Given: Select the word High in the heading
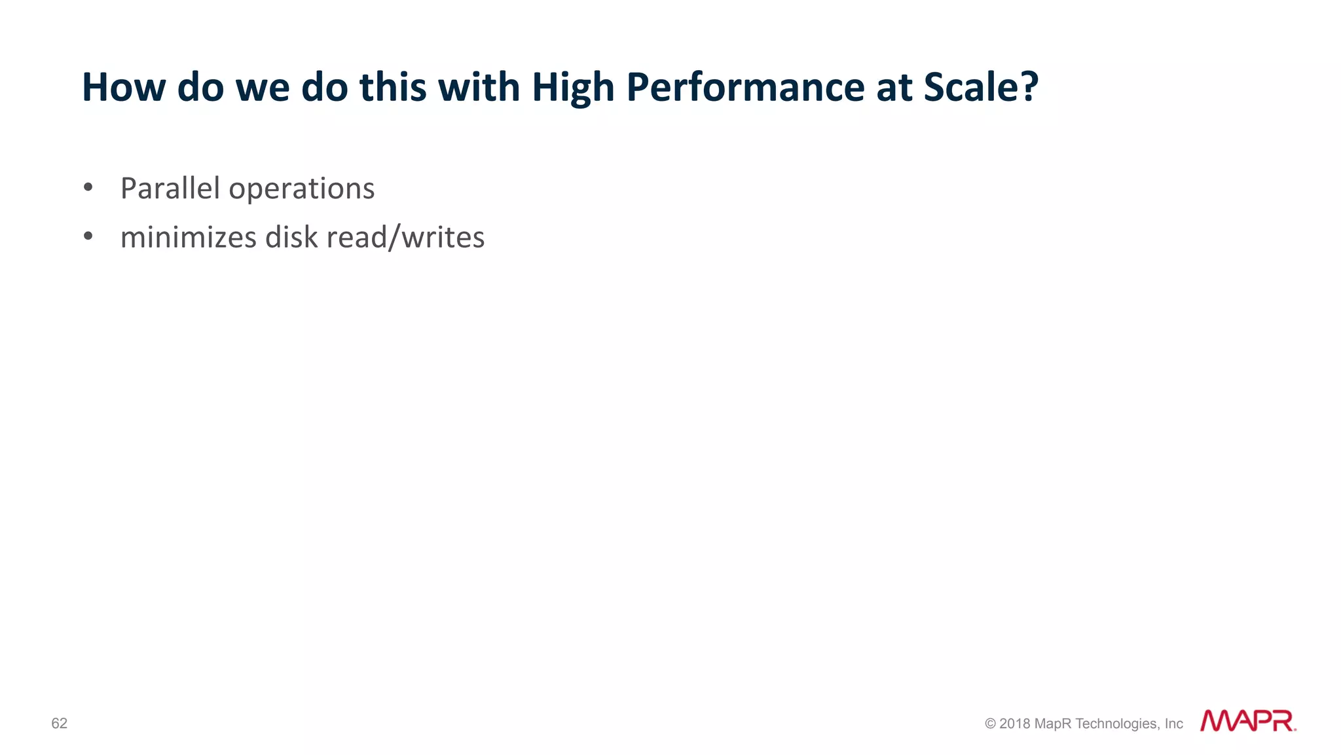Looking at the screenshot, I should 573,88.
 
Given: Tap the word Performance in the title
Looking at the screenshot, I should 745,88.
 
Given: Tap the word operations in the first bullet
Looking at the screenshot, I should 302,190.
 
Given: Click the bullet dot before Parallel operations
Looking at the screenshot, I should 88,188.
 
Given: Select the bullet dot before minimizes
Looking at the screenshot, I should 88,236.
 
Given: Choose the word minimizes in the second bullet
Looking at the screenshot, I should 189,237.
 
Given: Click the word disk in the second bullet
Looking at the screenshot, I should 291,237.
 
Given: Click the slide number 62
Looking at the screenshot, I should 59,723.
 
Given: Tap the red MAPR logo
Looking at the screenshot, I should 1247,721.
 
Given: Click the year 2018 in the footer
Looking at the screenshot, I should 1014,724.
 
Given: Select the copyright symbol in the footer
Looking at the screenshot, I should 990,724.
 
